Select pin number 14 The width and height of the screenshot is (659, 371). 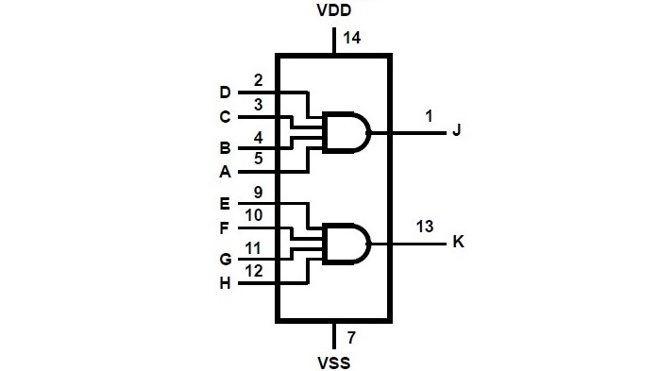(353, 39)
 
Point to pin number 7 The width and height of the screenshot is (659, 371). (350, 336)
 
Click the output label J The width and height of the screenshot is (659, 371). (457, 131)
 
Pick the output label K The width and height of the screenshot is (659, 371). (458, 242)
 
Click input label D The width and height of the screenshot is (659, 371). (225, 93)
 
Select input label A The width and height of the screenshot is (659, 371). (225, 173)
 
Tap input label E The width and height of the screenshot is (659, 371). (225, 203)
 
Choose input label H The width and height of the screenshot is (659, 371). (225, 283)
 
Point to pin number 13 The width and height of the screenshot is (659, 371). (425, 226)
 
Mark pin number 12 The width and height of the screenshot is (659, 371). (255, 271)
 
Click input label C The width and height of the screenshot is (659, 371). (225, 118)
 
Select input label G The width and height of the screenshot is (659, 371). (225, 258)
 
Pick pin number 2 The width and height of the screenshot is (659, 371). (258, 80)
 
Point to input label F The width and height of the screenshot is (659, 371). (225, 228)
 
